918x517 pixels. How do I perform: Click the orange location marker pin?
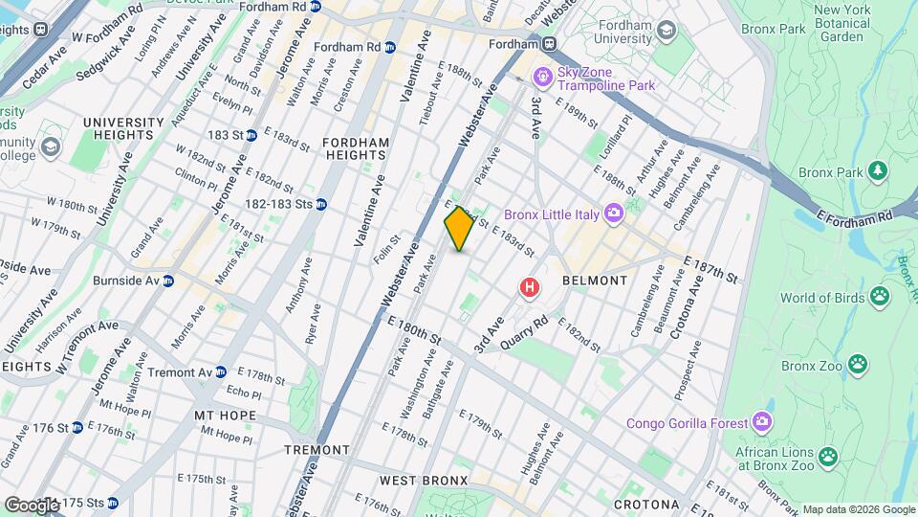(459, 229)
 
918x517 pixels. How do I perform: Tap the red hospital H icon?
(528, 286)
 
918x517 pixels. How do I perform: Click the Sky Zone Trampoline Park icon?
(543, 75)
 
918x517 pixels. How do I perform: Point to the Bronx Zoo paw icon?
(859, 364)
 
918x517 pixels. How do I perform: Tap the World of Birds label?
(820, 298)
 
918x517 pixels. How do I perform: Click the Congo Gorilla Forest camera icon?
(761, 421)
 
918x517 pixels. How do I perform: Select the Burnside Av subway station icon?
(167, 281)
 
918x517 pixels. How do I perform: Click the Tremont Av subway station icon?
(221, 371)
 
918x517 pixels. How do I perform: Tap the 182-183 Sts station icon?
(321, 203)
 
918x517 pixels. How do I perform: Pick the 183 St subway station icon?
(251, 136)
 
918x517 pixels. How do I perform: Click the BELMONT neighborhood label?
(595, 281)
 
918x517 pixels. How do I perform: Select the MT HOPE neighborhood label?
(225, 416)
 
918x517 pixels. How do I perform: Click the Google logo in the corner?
(32, 504)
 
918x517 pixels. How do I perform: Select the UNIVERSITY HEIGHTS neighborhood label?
(123, 129)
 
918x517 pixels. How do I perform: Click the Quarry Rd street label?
(530, 332)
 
